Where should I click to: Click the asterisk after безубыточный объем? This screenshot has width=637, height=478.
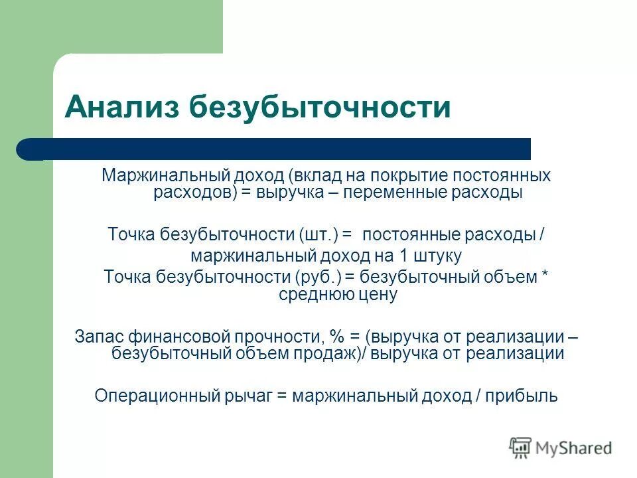pyautogui.click(x=545, y=278)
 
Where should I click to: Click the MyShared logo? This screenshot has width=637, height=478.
pyautogui.click(x=561, y=448)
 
